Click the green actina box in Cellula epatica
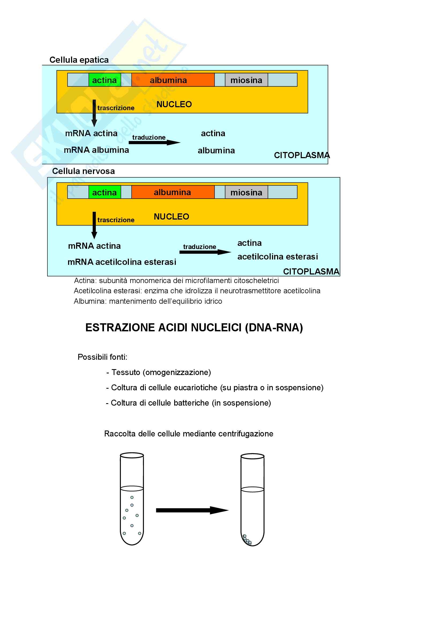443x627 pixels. (x=105, y=80)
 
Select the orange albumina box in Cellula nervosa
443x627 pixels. (x=173, y=192)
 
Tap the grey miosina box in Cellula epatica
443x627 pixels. (x=246, y=80)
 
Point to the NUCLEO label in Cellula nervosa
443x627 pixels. (x=172, y=217)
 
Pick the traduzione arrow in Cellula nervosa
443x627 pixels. (x=205, y=252)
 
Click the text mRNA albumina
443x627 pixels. (x=96, y=150)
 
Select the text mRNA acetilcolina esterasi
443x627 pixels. (x=122, y=262)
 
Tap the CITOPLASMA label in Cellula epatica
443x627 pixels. (x=301, y=155)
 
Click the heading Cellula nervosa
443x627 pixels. (x=84, y=171)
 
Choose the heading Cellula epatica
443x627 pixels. (x=79, y=60)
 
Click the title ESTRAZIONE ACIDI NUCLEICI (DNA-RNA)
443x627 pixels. (x=194, y=327)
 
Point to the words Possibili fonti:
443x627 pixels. (x=102, y=357)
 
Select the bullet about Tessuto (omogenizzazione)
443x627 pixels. (x=159, y=372)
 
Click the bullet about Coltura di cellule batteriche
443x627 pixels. (x=188, y=403)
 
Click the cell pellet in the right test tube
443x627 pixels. (x=247, y=540)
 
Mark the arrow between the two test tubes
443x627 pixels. (x=192, y=510)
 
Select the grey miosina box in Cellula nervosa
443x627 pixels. (x=246, y=192)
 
